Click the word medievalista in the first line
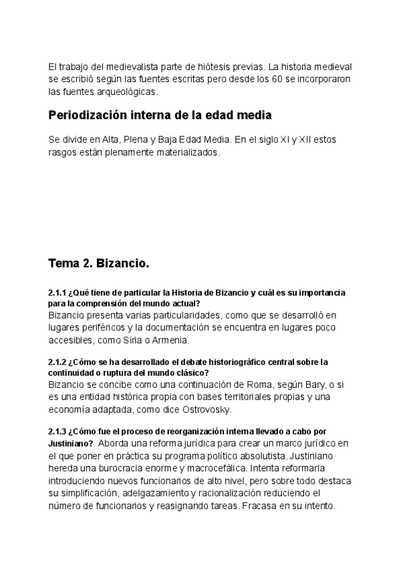[x=120, y=67]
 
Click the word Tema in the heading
[x=63, y=263]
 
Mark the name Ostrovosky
[x=205, y=409]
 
